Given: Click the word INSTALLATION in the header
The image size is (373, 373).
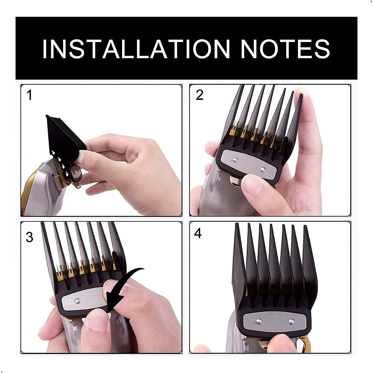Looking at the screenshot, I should (x=136, y=49).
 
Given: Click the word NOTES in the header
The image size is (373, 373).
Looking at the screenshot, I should (x=285, y=49).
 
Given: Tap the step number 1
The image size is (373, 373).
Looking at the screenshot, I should (x=30, y=95).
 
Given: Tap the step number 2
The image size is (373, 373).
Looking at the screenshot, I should (x=200, y=95).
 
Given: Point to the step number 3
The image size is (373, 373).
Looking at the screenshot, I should (x=30, y=237).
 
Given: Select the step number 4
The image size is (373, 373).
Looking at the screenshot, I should (x=198, y=233).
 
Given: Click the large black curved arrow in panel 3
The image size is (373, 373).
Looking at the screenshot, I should (x=124, y=286).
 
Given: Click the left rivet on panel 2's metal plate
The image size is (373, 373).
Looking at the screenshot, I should (x=235, y=160).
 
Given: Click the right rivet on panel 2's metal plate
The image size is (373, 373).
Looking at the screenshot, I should (x=263, y=169).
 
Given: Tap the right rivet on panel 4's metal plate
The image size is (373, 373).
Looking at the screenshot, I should (x=291, y=321).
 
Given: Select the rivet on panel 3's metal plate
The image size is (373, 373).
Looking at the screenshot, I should (x=77, y=301).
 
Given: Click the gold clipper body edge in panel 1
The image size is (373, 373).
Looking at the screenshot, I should (x=30, y=193).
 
